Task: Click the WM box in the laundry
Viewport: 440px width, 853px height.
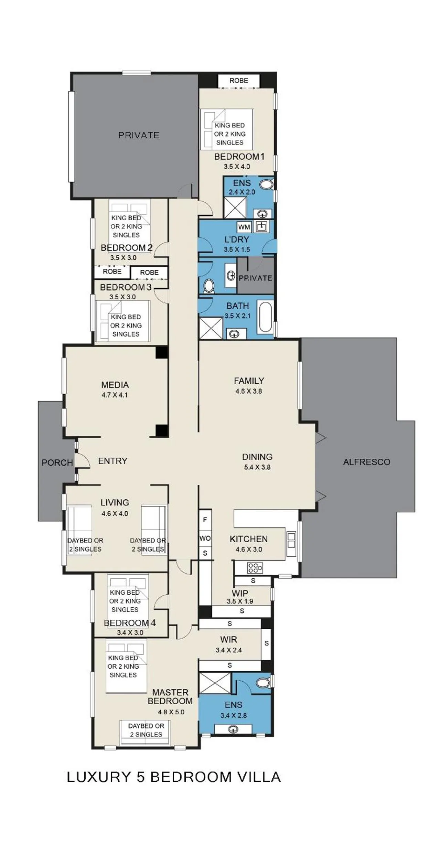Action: [x=244, y=227]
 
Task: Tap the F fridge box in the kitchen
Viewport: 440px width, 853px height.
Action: [x=205, y=520]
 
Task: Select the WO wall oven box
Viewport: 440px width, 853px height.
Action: [x=205, y=539]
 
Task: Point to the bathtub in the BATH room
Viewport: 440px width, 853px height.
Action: [x=265, y=317]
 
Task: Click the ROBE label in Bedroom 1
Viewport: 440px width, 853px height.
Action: [x=239, y=81]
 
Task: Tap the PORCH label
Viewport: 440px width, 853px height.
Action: [x=57, y=463]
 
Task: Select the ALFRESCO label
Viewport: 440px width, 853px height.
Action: [x=366, y=462]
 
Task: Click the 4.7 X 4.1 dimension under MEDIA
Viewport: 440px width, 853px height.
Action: [x=115, y=395]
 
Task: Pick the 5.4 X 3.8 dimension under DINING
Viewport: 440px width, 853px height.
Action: [x=257, y=467]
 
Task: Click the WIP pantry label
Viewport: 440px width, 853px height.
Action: [x=240, y=593]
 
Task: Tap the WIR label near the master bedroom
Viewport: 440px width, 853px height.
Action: [x=229, y=640]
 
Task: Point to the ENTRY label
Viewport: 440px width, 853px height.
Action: [x=112, y=461]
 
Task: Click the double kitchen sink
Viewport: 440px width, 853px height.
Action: [x=291, y=540]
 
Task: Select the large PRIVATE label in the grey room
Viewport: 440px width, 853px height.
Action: [x=139, y=135]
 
